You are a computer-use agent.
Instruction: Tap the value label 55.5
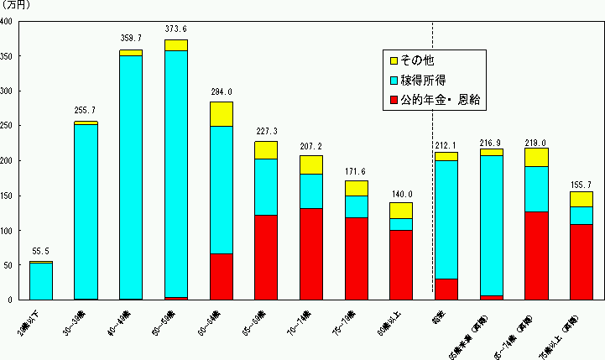point(41,251)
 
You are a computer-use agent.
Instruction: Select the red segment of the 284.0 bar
point(222,276)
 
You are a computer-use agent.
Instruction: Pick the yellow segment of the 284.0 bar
point(222,113)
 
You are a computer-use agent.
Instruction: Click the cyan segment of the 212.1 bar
point(446,219)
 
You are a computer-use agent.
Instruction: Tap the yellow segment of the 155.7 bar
point(581,199)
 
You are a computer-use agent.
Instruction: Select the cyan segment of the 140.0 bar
point(401,224)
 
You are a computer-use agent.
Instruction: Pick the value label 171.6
point(357,170)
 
